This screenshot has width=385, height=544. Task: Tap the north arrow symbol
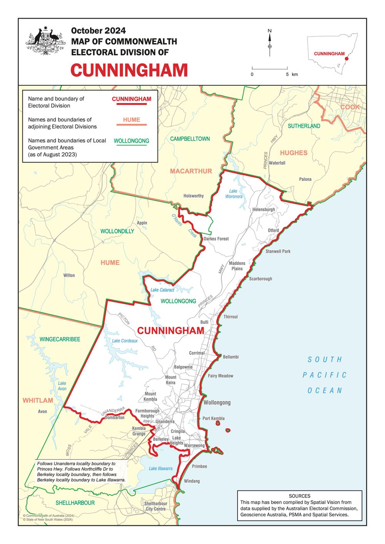pos(269,40)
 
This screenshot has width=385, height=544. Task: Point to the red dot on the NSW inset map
pos(346,59)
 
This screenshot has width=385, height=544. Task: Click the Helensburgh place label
pos(264,210)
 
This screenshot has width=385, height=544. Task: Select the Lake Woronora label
pos(234,194)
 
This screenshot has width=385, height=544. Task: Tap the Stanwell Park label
pos(278,251)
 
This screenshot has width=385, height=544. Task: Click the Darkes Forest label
pos(216,239)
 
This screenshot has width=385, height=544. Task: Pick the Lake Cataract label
pos(162,290)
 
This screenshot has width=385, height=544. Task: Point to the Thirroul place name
pos(231,317)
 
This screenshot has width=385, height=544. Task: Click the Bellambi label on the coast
pos(231,357)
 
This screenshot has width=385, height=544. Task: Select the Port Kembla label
pos(213,418)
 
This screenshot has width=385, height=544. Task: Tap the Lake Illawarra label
pos(161,468)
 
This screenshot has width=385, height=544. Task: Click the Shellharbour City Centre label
pos(156,506)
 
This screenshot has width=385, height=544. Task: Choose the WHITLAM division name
pos(38,401)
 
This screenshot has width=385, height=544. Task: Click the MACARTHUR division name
pos(191,171)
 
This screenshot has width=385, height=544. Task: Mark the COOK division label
pos(350,107)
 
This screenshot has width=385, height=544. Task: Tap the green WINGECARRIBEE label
pos(60,339)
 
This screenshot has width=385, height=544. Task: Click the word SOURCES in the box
pos(300,496)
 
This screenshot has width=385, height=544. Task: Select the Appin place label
pos(142,223)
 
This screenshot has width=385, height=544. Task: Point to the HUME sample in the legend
pos(132,120)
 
